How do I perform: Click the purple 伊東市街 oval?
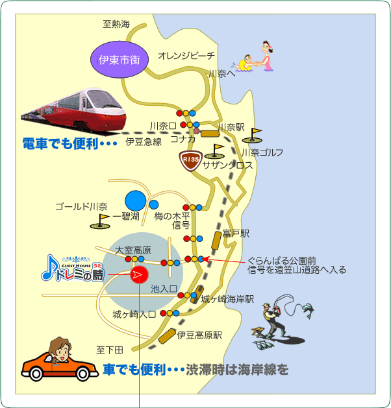[x=120, y=59]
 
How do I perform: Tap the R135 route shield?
[x=191, y=161]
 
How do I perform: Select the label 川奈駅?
[x=231, y=127]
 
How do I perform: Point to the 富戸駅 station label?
[x=236, y=234]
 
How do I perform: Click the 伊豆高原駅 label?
[x=199, y=335]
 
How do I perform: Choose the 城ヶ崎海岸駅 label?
[x=227, y=299]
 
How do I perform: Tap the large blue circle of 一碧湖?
[x=136, y=200]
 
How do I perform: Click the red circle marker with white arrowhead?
[x=140, y=274]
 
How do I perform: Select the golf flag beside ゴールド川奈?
[x=100, y=221]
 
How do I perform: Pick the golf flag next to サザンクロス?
[x=214, y=151]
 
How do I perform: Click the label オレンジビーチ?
[x=186, y=55]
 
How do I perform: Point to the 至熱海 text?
[x=116, y=24]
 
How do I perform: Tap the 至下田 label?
[x=110, y=350]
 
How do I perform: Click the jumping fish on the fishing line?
[x=309, y=309]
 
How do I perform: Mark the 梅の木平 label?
[x=172, y=216]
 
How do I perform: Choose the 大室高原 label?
[x=133, y=250]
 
